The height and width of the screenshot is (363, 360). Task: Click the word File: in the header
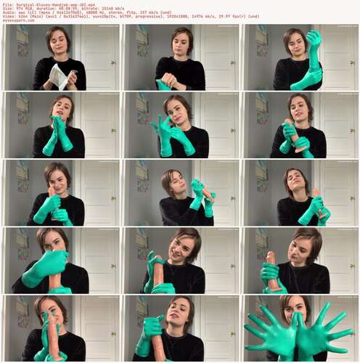[x=7, y=3]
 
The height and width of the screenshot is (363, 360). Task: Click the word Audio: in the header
[x=9, y=12]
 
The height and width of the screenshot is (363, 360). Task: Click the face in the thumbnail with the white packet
[x=58, y=44]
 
